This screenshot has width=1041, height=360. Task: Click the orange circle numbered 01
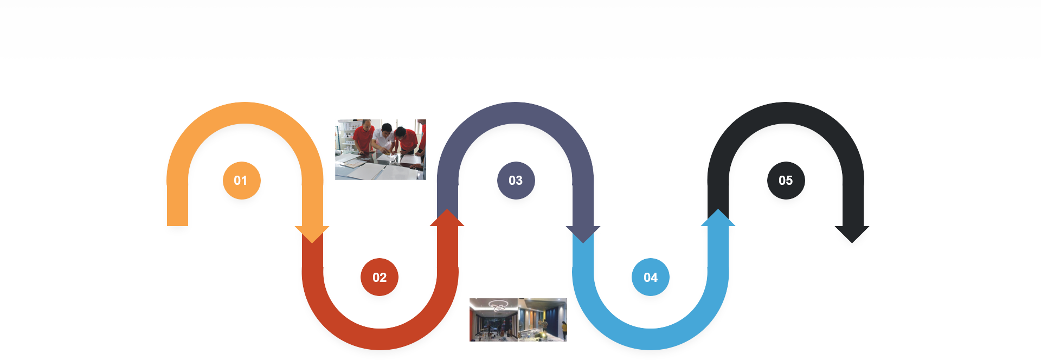[x=241, y=181]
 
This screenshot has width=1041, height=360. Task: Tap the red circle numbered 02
[x=380, y=278]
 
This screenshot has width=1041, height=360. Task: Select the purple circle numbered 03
[x=516, y=181]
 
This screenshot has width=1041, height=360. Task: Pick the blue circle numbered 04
[x=651, y=278]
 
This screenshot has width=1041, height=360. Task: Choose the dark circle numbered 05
[x=786, y=181]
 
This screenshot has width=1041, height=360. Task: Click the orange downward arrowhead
[x=312, y=234]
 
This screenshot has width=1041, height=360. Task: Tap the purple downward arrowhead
[x=583, y=234]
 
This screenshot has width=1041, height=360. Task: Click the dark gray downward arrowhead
[x=852, y=234]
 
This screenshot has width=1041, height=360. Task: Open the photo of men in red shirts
[x=381, y=150]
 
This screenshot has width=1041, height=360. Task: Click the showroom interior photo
[x=518, y=320]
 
